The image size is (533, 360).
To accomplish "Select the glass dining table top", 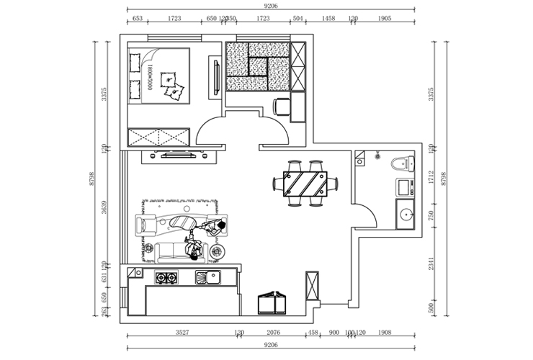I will coord(305,184).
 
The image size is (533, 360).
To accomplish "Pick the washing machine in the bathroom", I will coord(405,189).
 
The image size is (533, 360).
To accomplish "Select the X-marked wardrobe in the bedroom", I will coord(158,137).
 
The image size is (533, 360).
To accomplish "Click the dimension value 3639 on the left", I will coord(104,209).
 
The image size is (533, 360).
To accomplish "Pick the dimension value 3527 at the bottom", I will coord(182,333).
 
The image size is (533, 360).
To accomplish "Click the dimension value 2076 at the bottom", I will coord(273,333).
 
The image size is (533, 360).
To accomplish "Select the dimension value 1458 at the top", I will coord(328,18).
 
